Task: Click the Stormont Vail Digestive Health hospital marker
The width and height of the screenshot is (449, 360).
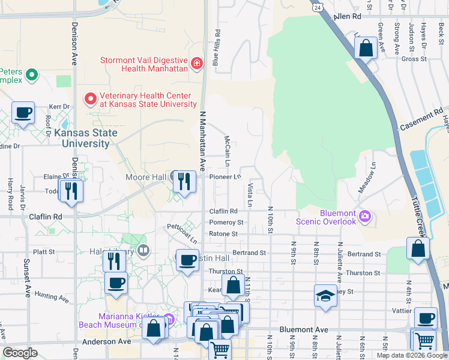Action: (197, 63)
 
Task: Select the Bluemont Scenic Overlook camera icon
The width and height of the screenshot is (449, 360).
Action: (364, 215)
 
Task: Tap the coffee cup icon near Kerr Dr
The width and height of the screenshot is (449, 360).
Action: (23, 113)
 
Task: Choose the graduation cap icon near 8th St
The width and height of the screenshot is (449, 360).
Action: (325, 296)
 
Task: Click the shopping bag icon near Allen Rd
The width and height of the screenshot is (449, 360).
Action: (366, 48)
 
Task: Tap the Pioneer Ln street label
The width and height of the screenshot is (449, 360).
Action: (225, 177)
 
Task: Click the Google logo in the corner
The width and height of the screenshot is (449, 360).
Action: (20, 353)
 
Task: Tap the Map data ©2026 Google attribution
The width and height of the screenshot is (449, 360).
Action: (411, 355)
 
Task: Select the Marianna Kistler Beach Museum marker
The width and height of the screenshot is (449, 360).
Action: (169, 318)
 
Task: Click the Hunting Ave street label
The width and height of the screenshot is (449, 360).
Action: (52, 296)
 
